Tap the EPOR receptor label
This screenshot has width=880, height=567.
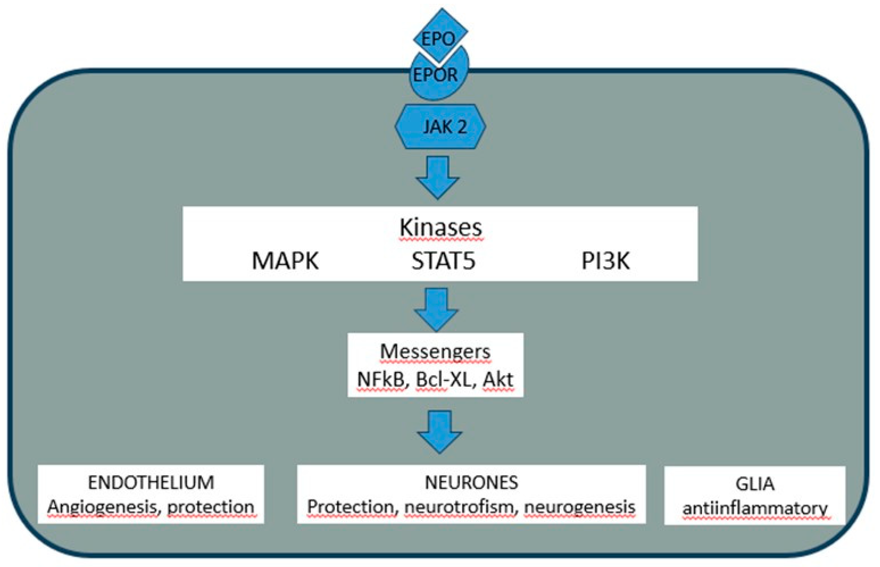[435, 75]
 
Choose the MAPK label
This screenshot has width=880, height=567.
[285, 261]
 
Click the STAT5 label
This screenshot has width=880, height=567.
[443, 261]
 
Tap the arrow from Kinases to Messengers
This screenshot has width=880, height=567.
[436, 309]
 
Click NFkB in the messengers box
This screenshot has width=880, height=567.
[380, 379]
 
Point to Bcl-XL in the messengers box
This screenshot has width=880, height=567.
[443, 379]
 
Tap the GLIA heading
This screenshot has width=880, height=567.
[755, 484]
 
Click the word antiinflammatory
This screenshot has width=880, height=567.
[755, 508]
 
